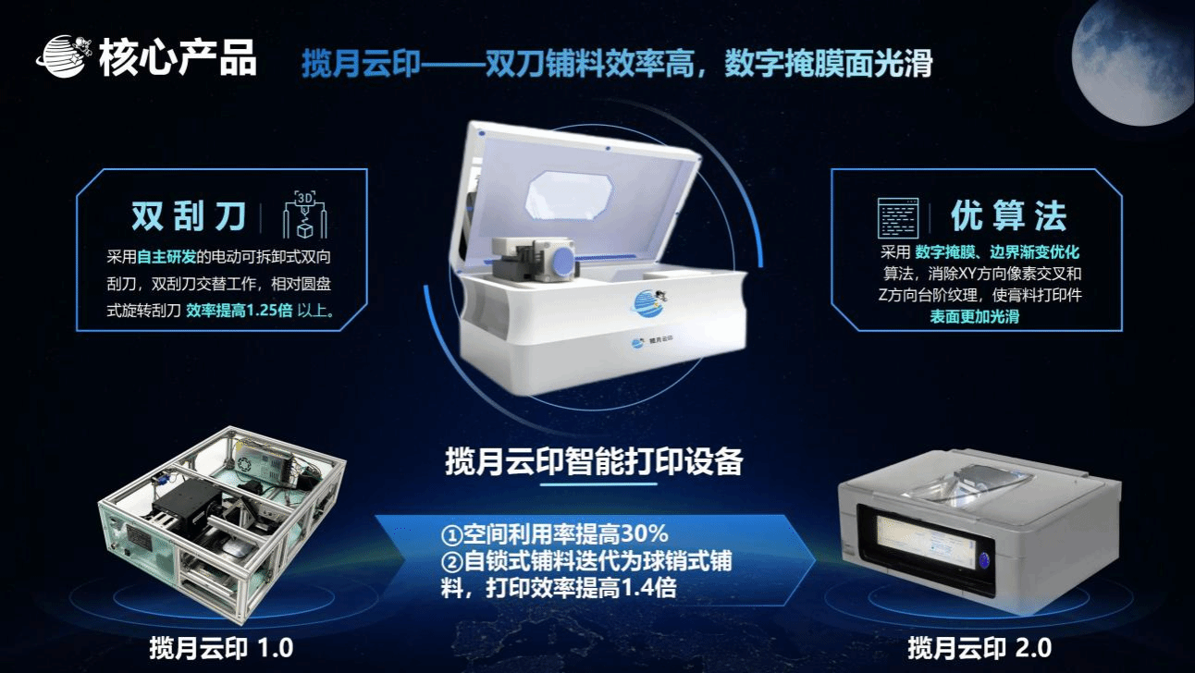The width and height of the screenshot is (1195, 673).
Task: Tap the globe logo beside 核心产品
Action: point(62,56)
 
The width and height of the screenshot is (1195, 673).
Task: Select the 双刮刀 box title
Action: point(189,216)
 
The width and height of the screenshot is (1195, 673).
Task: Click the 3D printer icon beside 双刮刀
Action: point(304,214)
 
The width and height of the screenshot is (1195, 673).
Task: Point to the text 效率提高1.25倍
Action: point(239,311)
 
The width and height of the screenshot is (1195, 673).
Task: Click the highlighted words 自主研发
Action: point(166,257)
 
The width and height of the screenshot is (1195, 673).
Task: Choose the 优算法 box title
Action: point(1009,216)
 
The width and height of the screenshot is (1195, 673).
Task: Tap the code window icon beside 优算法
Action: point(898,217)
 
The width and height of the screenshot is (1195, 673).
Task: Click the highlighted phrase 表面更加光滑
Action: point(975,316)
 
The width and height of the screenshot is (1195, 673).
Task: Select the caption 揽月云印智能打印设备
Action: point(594,461)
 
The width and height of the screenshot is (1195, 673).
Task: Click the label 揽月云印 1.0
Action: point(221,648)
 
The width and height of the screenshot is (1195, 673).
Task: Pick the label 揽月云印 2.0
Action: point(979,648)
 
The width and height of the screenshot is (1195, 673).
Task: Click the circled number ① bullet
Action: point(451,535)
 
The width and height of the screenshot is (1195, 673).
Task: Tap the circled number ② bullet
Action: point(451,562)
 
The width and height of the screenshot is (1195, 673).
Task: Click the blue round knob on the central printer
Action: point(564,263)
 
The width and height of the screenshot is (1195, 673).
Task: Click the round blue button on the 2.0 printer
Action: point(984,560)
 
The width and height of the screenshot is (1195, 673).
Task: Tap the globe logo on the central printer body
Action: point(648,302)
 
